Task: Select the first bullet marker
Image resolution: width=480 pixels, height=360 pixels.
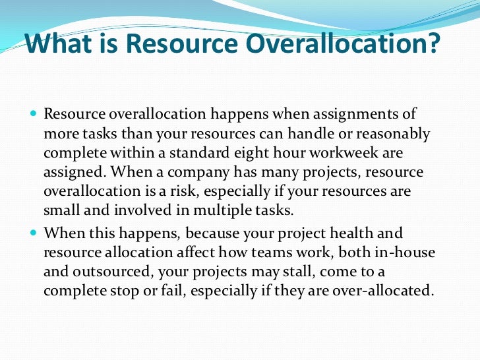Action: click(34, 114)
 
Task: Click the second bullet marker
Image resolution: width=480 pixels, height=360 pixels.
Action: click(34, 233)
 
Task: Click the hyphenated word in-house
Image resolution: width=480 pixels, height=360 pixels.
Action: click(398, 253)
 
